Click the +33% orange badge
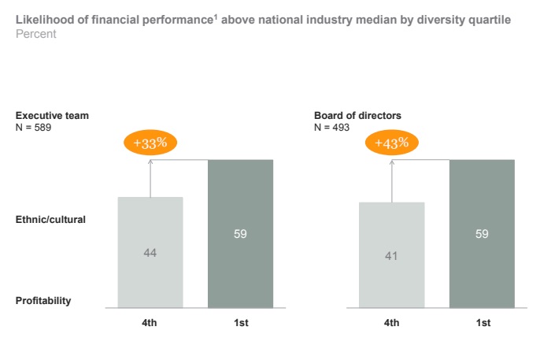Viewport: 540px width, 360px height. click(150, 143)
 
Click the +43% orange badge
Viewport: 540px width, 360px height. click(391, 143)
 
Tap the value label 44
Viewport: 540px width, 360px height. click(150, 252)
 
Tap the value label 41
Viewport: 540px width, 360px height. click(391, 255)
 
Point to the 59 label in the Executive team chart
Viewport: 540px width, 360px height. click(240, 234)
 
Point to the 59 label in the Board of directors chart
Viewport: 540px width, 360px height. click(482, 234)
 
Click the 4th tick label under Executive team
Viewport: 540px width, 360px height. click(150, 323)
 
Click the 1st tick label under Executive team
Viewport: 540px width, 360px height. click(240, 323)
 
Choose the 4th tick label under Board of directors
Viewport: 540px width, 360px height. click(391, 323)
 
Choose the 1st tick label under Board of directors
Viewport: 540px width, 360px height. click(482, 323)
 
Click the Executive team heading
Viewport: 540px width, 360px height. click(52, 116)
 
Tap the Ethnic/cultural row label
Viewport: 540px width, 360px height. click(50, 220)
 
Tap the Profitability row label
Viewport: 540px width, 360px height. click(43, 300)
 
